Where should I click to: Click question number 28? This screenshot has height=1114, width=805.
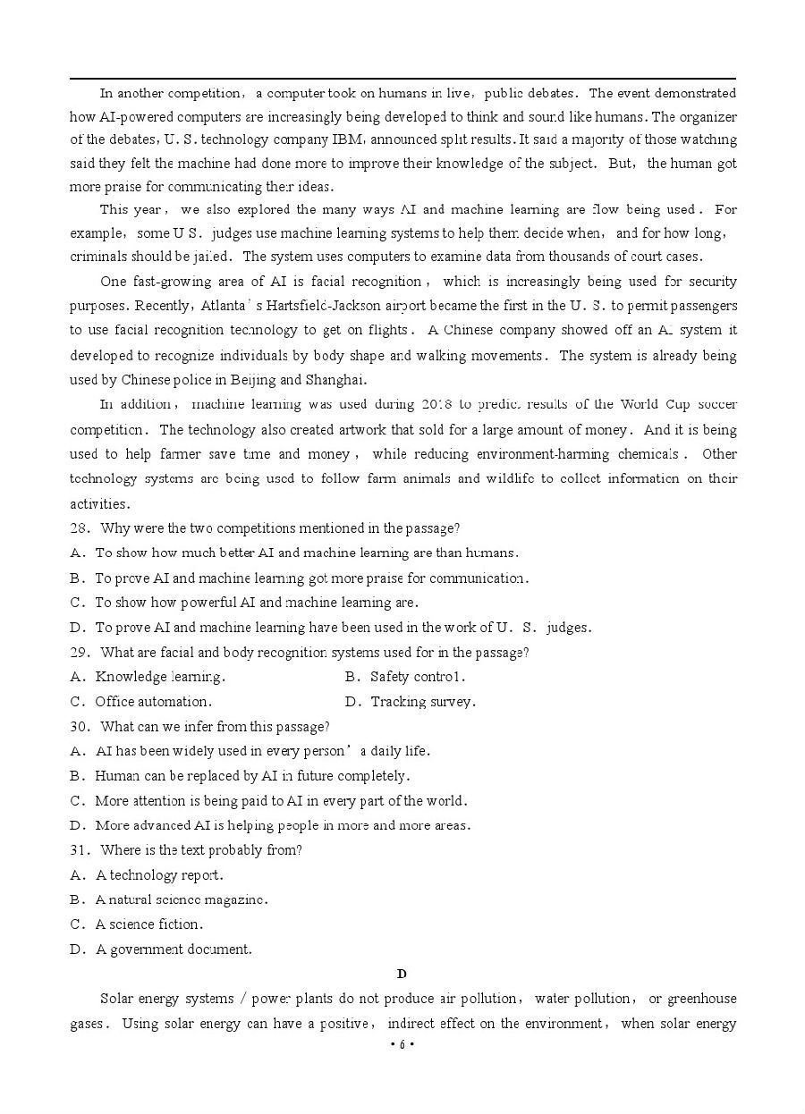click(79, 528)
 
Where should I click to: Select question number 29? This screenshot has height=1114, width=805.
click(79, 653)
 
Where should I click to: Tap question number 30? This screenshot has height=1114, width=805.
click(79, 727)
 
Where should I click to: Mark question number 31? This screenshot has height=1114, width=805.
click(79, 850)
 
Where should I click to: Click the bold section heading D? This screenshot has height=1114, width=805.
click(402, 974)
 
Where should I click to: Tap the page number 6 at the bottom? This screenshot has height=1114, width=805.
click(402, 1045)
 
